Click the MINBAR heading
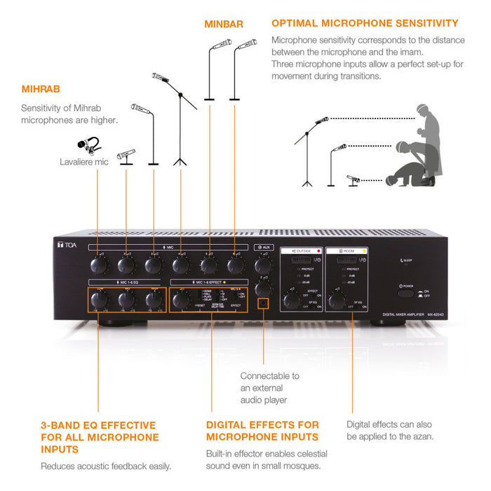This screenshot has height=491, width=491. [224, 24]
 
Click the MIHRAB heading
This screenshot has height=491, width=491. [41, 89]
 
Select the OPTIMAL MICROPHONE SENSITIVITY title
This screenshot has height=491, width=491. [365, 24]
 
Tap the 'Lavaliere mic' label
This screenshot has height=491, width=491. [84, 162]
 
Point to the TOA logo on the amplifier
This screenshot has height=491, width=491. [65, 245]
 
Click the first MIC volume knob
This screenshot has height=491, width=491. [98, 264]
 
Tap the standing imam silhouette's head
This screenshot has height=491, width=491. [423, 112]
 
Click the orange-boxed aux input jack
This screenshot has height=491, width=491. [263, 304]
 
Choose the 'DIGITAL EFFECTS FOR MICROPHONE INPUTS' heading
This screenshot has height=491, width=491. [262, 431]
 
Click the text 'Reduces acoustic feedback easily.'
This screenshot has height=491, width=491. [106, 466]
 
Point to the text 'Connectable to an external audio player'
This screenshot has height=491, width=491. [269, 388]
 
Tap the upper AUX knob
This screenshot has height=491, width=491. [263, 265]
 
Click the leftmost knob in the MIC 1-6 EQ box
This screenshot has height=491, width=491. [98, 300]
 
